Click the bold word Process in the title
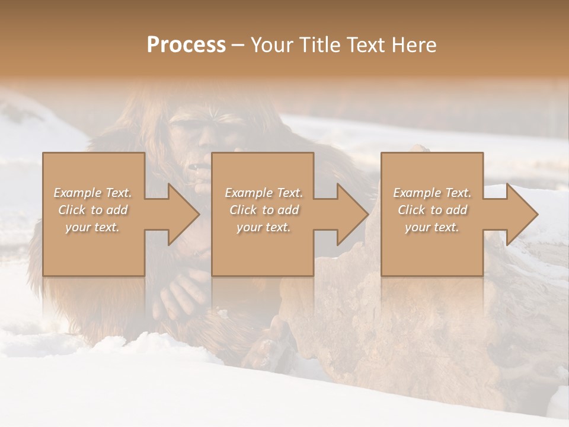point(186,45)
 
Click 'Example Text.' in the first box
point(92,193)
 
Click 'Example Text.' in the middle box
point(264,193)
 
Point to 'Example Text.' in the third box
point(432,193)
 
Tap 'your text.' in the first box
point(92,227)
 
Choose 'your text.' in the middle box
point(264,227)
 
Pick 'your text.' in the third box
point(432,227)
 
